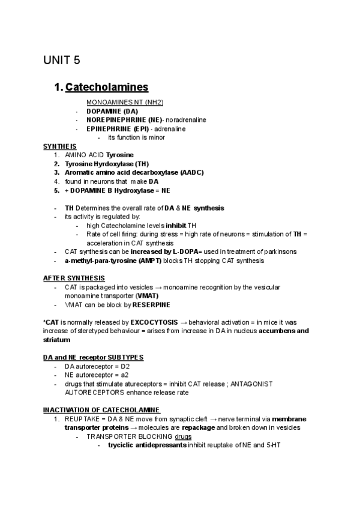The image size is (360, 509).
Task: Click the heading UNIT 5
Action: point(61,60)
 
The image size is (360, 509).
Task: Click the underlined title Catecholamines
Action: point(107,87)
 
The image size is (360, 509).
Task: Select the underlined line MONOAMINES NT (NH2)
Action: point(125,103)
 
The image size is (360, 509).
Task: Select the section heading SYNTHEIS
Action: point(59,146)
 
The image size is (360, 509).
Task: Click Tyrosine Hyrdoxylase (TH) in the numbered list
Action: point(107,163)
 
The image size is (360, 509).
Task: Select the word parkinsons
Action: point(280,251)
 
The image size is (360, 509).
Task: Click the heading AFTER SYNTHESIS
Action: point(74,278)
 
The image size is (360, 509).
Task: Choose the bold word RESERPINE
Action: point(151,305)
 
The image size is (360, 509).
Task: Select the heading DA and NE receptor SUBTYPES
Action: point(93,357)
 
